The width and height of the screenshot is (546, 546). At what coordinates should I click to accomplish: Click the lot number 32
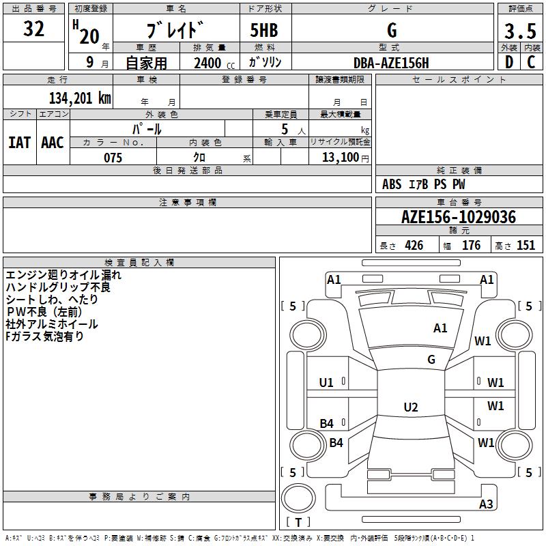[34, 29]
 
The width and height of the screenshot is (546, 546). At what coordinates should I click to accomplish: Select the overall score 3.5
[519, 31]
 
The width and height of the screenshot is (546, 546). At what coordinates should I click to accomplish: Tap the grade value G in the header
[391, 31]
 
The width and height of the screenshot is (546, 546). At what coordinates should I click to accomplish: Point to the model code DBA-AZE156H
[392, 63]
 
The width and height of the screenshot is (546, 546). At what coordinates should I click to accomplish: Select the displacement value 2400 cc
[207, 63]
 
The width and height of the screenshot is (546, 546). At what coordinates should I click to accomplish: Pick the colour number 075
[113, 158]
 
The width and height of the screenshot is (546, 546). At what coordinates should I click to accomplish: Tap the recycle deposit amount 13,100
[339, 158]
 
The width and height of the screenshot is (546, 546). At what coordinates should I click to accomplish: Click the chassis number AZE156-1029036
[459, 217]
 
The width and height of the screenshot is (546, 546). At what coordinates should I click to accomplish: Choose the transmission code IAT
[19, 143]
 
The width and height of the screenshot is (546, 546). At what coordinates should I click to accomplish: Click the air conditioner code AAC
[53, 143]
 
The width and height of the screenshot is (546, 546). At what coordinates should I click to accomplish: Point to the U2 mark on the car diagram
[410, 407]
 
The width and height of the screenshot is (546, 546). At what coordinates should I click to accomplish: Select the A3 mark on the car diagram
[486, 504]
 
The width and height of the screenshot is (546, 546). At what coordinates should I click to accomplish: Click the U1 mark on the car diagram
[326, 383]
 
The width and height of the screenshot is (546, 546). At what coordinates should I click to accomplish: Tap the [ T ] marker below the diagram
[299, 522]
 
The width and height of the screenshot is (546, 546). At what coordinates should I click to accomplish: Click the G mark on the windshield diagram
[431, 360]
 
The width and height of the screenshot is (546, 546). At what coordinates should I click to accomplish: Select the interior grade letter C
[531, 63]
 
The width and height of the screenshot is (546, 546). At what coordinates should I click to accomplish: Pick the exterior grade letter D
[508, 63]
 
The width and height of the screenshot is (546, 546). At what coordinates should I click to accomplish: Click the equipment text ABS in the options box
[392, 184]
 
